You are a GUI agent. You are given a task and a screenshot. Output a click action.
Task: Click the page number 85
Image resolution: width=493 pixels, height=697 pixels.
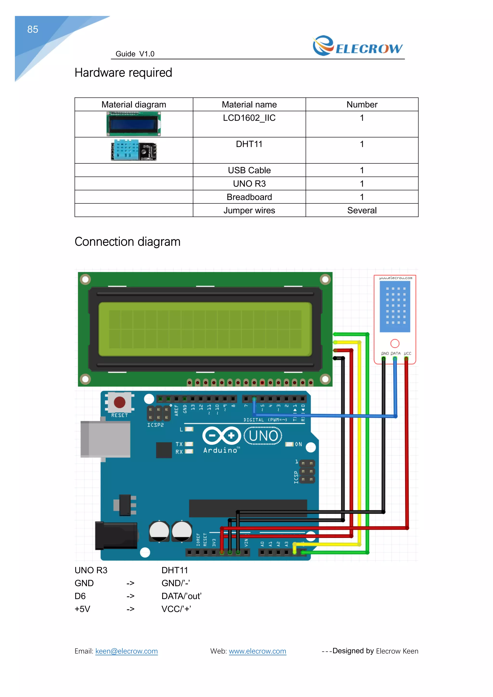click(32, 29)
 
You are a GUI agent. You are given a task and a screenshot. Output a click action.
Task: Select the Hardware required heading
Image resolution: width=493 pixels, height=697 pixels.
click(123, 73)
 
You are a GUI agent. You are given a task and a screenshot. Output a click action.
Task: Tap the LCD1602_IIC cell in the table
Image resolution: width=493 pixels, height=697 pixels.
click(249, 118)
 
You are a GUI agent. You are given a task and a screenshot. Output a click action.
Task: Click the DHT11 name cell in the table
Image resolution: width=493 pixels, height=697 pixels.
click(249, 144)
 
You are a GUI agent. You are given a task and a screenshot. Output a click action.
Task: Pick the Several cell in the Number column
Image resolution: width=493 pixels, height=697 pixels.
click(362, 210)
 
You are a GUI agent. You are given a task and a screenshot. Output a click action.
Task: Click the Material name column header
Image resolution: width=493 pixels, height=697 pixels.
click(249, 105)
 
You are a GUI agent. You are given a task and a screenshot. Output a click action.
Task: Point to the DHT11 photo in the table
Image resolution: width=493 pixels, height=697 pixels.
click(134, 150)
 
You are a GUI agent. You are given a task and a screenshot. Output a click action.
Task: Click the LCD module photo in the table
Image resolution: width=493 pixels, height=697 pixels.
click(134, 124)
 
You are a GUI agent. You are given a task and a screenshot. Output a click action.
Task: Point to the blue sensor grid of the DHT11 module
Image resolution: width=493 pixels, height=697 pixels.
click(395, 306)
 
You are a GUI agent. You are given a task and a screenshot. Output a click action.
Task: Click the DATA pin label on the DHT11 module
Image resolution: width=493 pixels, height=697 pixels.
click(395, 354)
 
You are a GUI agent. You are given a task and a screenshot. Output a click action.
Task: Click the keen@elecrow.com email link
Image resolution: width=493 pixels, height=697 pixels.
click(126, 651)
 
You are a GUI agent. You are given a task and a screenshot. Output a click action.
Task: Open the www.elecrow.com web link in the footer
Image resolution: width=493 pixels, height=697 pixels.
click(257, 651)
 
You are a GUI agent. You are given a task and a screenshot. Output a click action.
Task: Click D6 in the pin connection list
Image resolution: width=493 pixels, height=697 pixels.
click(80, 596)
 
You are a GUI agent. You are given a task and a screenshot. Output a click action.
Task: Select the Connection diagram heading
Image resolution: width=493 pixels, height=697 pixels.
click(128, 242)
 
